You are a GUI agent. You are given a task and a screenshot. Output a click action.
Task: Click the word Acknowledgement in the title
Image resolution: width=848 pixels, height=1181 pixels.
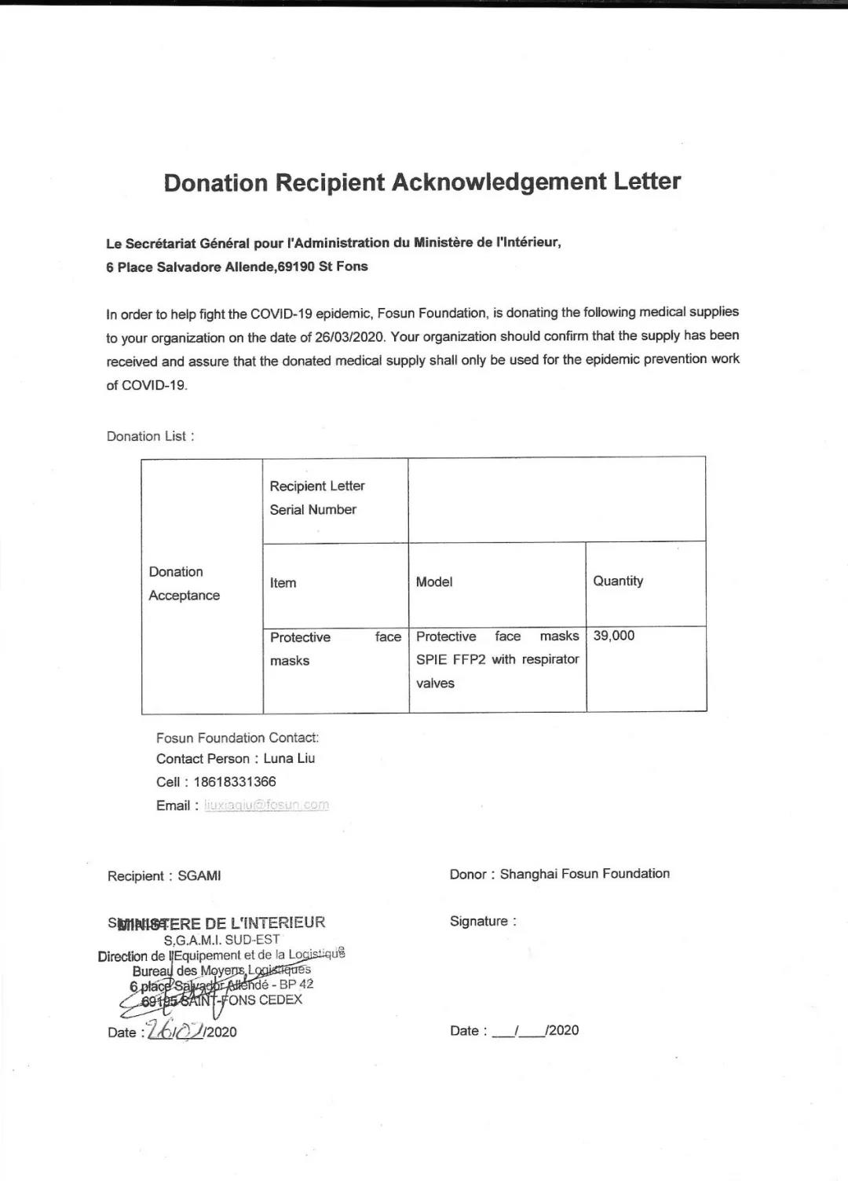(x=499, y=182)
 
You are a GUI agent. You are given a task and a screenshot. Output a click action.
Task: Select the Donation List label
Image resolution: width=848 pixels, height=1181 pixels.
(x=150, y=436)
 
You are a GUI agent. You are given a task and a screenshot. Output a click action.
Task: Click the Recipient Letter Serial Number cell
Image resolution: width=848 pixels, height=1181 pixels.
(x=317, y=497)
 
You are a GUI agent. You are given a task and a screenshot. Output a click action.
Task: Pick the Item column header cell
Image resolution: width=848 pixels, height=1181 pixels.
(x=283, y=583)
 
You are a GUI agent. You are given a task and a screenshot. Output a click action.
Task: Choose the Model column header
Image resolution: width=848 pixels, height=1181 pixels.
(x=434, y=582)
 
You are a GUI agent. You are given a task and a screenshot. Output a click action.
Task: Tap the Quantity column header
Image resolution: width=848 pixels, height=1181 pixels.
(x=618, y=581)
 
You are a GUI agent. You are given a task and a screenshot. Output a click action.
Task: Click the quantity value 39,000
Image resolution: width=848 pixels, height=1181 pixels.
(x=614, y=636)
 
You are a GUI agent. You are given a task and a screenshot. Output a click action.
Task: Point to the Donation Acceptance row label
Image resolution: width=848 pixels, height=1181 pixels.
(x=185, y=584)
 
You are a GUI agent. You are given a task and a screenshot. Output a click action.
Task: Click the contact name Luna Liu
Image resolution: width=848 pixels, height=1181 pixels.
(x=289, y=759)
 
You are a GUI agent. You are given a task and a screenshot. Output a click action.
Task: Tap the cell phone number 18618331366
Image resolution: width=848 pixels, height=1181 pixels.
(x=235, y=782)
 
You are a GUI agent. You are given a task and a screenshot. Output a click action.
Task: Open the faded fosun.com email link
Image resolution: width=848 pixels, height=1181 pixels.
(x=266, y=805)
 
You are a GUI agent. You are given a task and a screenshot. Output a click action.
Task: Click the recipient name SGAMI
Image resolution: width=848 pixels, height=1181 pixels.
(x=199, y=876)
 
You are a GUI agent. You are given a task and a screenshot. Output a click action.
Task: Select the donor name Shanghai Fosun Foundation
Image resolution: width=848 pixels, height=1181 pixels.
(x=585, y=874)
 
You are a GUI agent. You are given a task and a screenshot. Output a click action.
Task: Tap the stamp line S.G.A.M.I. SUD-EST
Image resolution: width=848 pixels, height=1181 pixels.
(x=221, y=940)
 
